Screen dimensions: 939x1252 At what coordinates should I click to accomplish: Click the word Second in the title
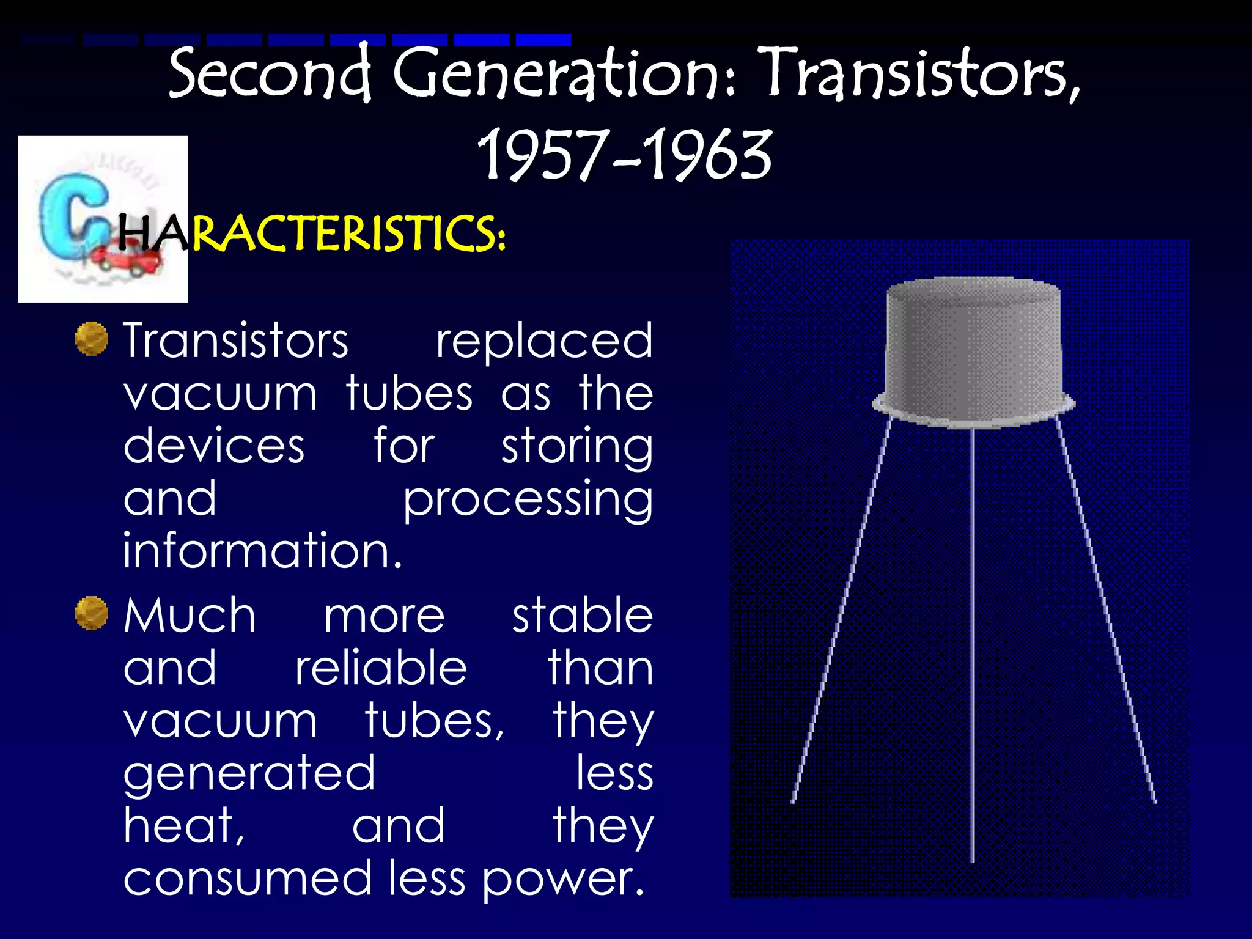[x=270, y=73]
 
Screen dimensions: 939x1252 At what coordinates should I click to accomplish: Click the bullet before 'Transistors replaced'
[x=92, y=339]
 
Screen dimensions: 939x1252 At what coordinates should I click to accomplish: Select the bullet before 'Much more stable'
[x=92, y=613]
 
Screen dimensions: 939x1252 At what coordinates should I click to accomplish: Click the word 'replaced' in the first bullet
[x=544, y=341]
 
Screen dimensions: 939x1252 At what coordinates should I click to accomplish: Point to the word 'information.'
[x=263, y=550]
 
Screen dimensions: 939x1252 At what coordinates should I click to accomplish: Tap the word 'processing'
[x=528, y=500]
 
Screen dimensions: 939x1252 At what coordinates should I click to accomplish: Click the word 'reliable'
[x=381, y=668]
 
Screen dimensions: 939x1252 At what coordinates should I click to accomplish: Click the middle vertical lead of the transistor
[x=973, y=642]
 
